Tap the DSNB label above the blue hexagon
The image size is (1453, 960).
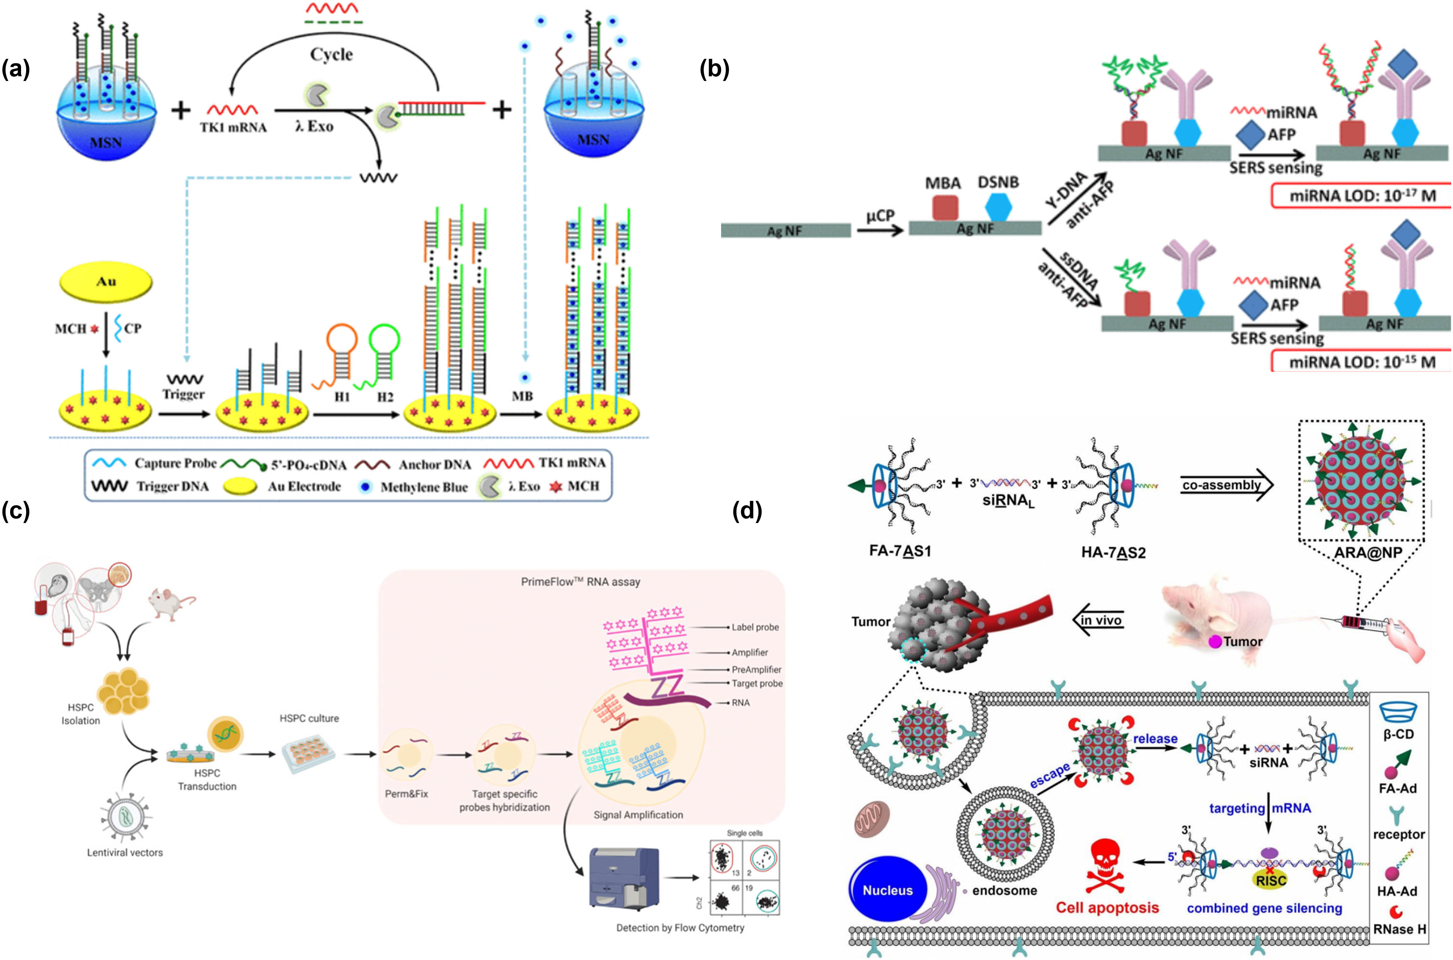pyautogui.click(x=998, y=182)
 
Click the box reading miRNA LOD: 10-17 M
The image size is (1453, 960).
pyautogui.click(x=1361, y=196)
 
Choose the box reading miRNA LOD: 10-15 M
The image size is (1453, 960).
pyautogui.click(x=1361, y=362)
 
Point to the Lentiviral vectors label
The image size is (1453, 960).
pyautogui.click(x=125, y=852)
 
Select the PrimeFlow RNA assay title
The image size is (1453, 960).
pyautogui.click(x=580, y=582)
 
